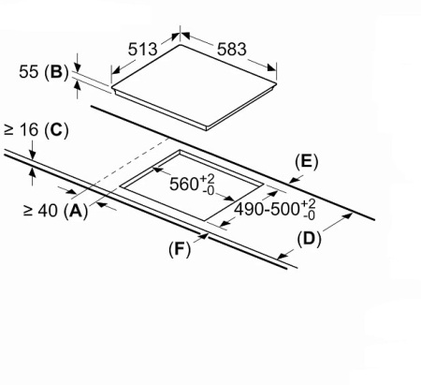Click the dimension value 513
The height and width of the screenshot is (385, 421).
tap(142, 50)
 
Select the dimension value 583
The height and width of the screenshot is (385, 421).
tap(232, 50)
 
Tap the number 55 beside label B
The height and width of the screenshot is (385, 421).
tap(29, 72)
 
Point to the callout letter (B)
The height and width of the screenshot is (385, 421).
tap(56, 72)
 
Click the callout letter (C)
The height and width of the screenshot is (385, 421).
tap(56, 130)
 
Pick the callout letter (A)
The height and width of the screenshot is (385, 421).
tap(76, 211)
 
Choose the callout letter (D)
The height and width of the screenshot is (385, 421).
tap(309, 239)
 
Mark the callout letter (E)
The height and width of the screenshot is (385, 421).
tap(307, 161)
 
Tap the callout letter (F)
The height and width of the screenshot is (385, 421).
tap(180, 249)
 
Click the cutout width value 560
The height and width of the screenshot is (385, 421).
tap(184, 185)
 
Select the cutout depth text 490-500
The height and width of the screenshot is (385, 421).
tap(267, 209)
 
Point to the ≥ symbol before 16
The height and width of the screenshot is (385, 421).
tap(9, 130)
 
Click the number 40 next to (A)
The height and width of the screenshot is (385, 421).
tap(48, 211)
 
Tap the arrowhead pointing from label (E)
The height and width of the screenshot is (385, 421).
tap(293, 181)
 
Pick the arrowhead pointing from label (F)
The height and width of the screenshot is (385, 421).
tap(204, 236)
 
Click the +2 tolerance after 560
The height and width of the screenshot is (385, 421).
tap(207, 179)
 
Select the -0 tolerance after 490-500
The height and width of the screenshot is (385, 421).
tap(309, 215)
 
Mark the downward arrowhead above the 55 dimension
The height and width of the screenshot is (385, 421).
tap(78, 68)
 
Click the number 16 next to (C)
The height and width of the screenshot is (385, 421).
tap(29, 130)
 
